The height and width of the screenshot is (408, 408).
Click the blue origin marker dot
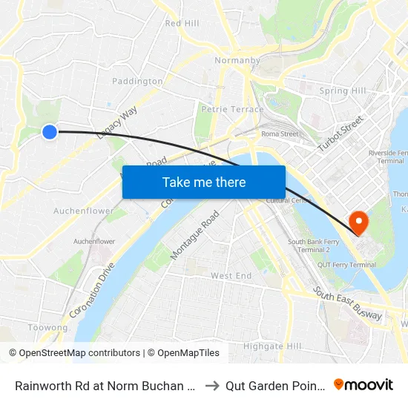50,132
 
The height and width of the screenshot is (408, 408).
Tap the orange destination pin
358,222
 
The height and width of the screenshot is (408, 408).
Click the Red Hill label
182,24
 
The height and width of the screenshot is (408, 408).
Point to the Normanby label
236,60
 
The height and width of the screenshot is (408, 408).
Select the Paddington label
132,81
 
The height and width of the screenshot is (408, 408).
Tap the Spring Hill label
343,91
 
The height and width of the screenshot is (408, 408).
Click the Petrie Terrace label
232,109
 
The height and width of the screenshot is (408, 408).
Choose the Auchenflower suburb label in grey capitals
84,211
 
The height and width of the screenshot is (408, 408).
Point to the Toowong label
47,327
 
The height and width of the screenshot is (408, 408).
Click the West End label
231,276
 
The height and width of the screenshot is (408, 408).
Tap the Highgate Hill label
272,346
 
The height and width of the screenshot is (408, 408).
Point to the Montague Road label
194,235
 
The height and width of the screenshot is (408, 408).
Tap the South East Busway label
347,304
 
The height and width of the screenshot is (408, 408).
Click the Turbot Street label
340,134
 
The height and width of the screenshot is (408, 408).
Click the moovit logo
363,384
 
